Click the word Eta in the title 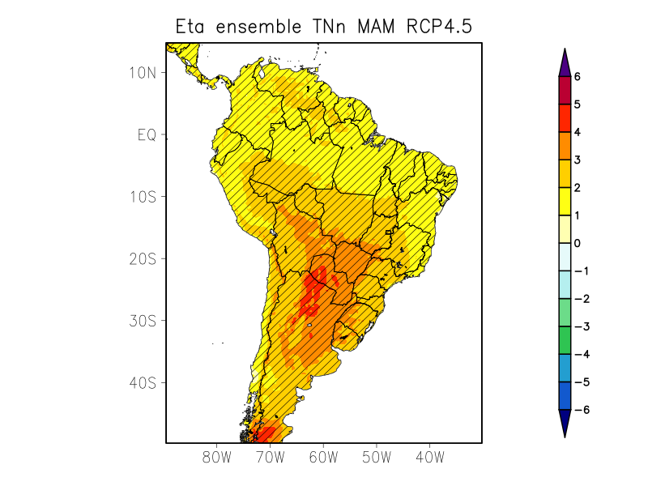point(190,27)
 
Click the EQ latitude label point(147,134)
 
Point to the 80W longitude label point(217,457)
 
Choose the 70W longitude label point(270,457)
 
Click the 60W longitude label point(323,457)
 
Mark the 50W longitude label point(377,457)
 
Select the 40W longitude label point(429,457)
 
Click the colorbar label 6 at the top point(578,77)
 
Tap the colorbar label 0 point(578,243)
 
